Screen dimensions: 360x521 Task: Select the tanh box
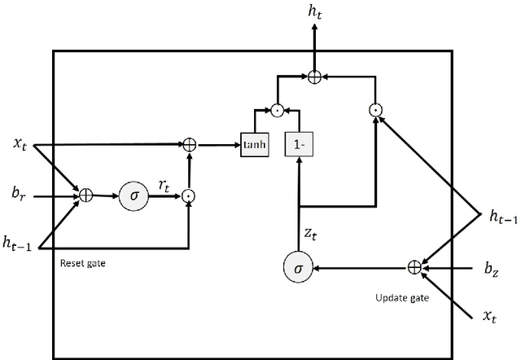click(x=255, y=145)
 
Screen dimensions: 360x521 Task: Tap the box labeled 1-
click(x=299, y=145)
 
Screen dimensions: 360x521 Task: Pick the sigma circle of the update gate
click(x=298, y=266)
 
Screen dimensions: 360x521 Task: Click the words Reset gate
click(x=84, y=264)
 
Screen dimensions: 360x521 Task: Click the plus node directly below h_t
click(x=314, y=77)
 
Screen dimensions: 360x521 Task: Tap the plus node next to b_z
click(x=414, y=266)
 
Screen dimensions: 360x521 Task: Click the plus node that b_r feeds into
click(x=85, y=195)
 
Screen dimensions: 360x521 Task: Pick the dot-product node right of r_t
click(x=189, y=195)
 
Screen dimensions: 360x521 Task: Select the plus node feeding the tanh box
click(x=189, y=145)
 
